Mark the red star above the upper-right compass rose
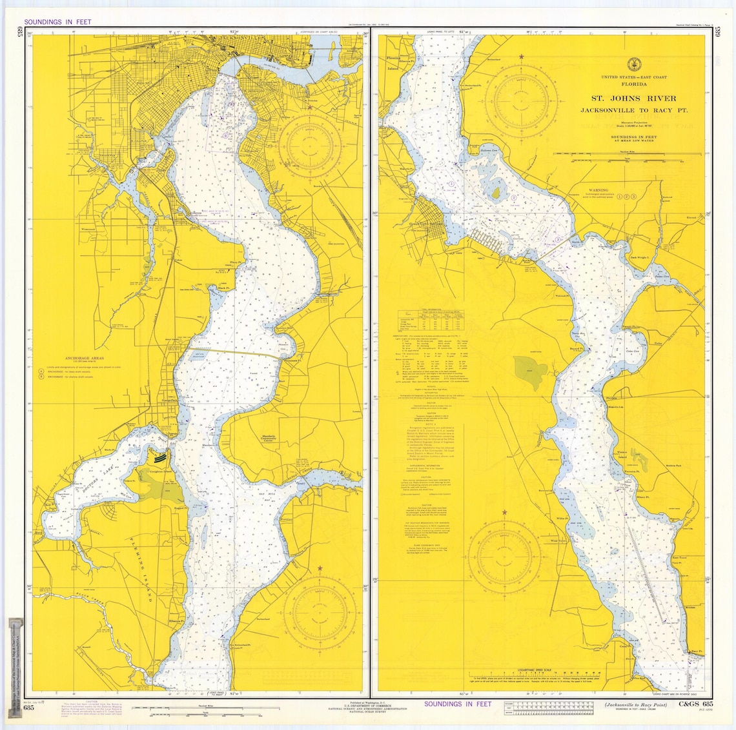(521, 57)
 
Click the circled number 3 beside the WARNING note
(635, 195)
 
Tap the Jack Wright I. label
(641, 257)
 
